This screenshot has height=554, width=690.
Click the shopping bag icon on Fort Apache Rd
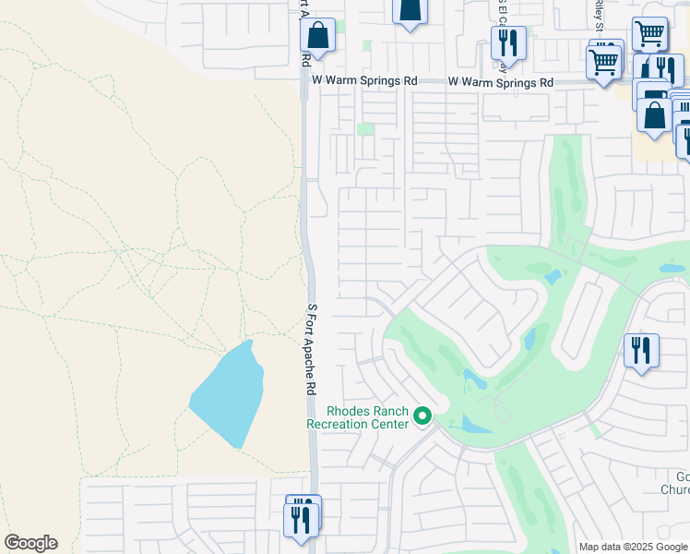pyautogui.click(x=317, y=37)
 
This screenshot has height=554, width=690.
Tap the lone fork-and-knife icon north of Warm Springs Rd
pyautogui.click(x=508, y=42)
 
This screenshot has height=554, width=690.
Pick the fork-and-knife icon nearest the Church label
pyautogui.click(x=641, y=351)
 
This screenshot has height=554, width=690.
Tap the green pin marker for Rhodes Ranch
pyautogui.click(x=423, y=417)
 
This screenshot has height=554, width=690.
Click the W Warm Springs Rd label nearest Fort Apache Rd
pyautogui.click(x=364, y=81)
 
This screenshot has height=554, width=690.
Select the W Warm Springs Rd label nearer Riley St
pyautogui.click(x=501, y=82)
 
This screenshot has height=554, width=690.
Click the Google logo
pyautogui.click(x=30, y=543)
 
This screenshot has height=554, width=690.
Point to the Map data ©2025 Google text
pyautogui.click(x=633, y=547)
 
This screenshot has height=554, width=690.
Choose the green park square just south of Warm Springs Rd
pyautogui.click(x=367, y=128)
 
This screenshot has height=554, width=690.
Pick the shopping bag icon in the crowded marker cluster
pyautogui.click(x=654, y=116)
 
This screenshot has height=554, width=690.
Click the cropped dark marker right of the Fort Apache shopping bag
pyautogui.click(x=410, y=11)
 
